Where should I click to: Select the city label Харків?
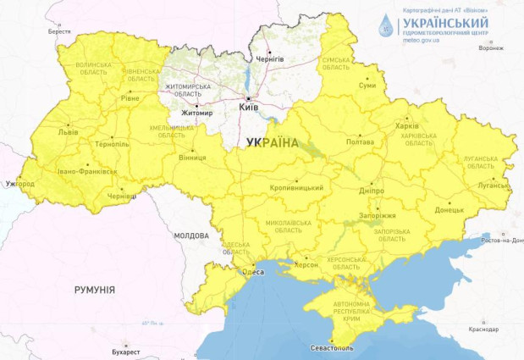[x=406, y=126]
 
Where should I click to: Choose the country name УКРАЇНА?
[x=272, y=144]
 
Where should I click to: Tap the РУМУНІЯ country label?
[x=94, y=290]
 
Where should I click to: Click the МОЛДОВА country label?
[x=190, y=235]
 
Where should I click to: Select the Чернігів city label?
[x=269, y=58]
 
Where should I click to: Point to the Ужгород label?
[x=20, y=183]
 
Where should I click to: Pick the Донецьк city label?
[x=449, y=209]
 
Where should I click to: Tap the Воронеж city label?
[x=489, y=47]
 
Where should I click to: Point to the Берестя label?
[x=59, y=30]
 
